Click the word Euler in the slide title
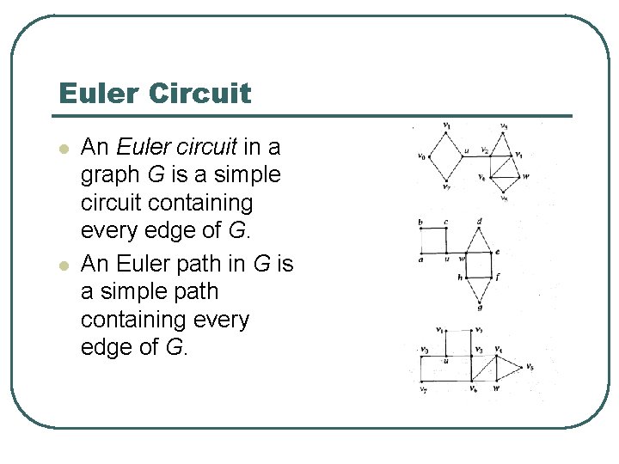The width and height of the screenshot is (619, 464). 95,93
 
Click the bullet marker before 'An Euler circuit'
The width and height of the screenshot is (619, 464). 62,148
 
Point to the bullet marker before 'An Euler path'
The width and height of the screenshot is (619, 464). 62,265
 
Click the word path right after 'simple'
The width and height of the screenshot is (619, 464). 193,291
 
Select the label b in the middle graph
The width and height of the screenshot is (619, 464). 420,223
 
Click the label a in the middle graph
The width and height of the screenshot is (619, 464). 420,259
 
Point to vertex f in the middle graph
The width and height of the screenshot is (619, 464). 496,278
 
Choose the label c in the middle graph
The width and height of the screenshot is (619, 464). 445,223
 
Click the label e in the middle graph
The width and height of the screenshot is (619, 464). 497,253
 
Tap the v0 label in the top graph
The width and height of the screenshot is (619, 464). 421,156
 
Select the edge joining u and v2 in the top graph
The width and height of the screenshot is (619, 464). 475,156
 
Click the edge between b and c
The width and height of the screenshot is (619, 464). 433,229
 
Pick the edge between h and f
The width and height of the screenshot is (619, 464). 480,278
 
